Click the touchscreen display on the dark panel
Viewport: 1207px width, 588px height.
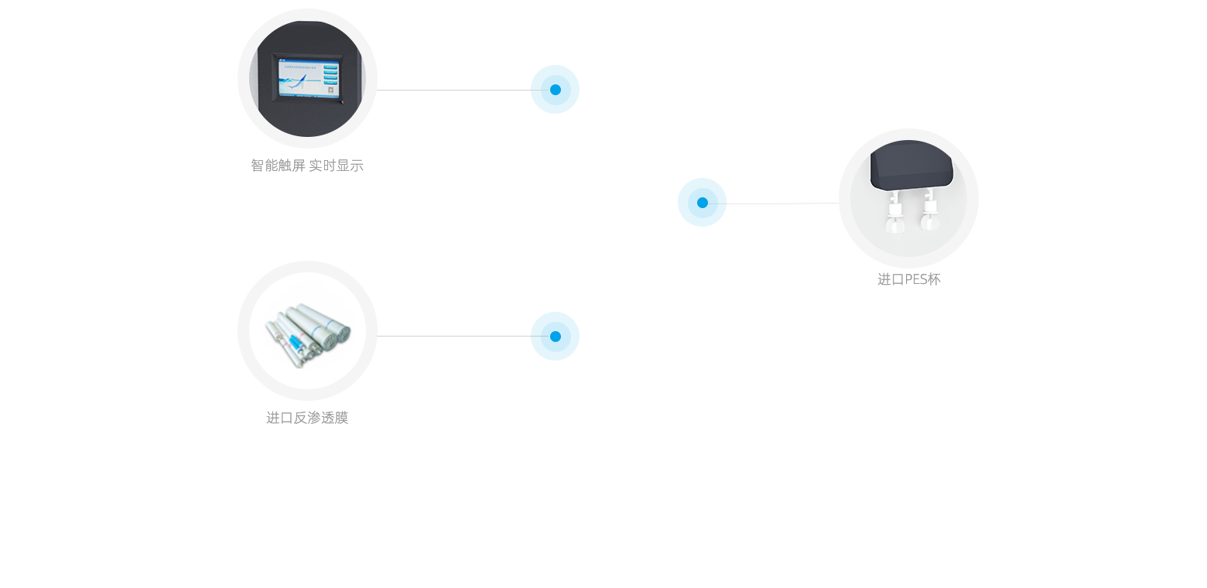click(307, 78)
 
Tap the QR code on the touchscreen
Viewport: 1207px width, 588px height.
click(330, 92)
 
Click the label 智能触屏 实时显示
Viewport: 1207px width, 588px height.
click(307, 166)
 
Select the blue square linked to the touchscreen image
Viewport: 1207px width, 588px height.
click(555, 90)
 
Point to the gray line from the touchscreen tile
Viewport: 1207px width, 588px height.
click(453, 90)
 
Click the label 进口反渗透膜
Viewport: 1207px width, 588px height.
click(307, 418)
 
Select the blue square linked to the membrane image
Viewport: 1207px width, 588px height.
click(555, 337)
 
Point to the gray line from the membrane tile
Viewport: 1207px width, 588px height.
click(453, 336)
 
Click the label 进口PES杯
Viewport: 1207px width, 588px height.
click(908, 279)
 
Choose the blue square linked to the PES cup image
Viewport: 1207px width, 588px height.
click(702, 203)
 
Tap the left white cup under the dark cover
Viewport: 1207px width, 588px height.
click(894, 218)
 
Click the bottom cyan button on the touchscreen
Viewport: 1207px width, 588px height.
click(330, 84)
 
